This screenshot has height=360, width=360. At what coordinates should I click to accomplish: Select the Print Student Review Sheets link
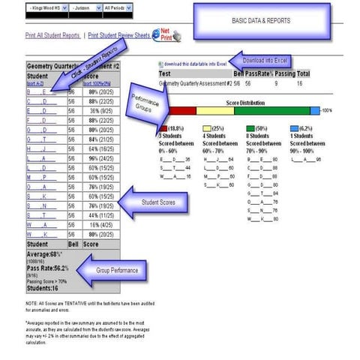click(119, 35)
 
